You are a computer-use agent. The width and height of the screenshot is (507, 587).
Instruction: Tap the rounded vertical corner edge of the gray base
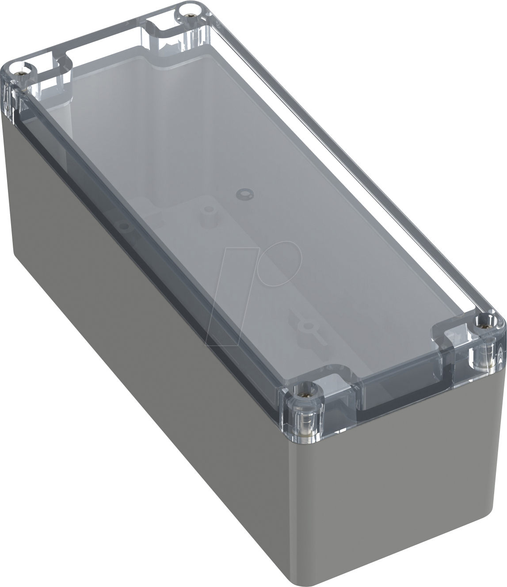[x=305, y=508]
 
